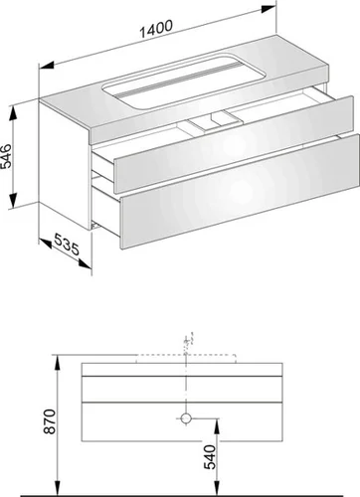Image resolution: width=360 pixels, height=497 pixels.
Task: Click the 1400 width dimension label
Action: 156,28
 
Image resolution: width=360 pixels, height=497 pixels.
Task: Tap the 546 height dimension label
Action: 7,156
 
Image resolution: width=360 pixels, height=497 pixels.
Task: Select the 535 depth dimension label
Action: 67,245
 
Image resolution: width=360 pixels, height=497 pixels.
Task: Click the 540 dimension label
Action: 210,457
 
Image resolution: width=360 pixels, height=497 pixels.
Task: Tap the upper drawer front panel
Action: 233,144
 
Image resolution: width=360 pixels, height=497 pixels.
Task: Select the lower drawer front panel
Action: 240,191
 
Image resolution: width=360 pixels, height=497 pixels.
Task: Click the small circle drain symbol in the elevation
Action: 187,418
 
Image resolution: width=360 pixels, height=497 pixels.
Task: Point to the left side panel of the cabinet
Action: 64,166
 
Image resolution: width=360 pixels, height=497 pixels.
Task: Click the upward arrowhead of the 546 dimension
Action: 13,113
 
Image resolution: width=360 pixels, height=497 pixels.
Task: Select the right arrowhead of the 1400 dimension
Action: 268,9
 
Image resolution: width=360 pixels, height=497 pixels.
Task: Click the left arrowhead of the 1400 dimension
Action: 47,66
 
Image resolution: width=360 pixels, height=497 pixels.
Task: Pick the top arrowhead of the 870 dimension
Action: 58,362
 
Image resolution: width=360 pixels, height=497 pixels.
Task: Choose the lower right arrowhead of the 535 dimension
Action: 85,263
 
